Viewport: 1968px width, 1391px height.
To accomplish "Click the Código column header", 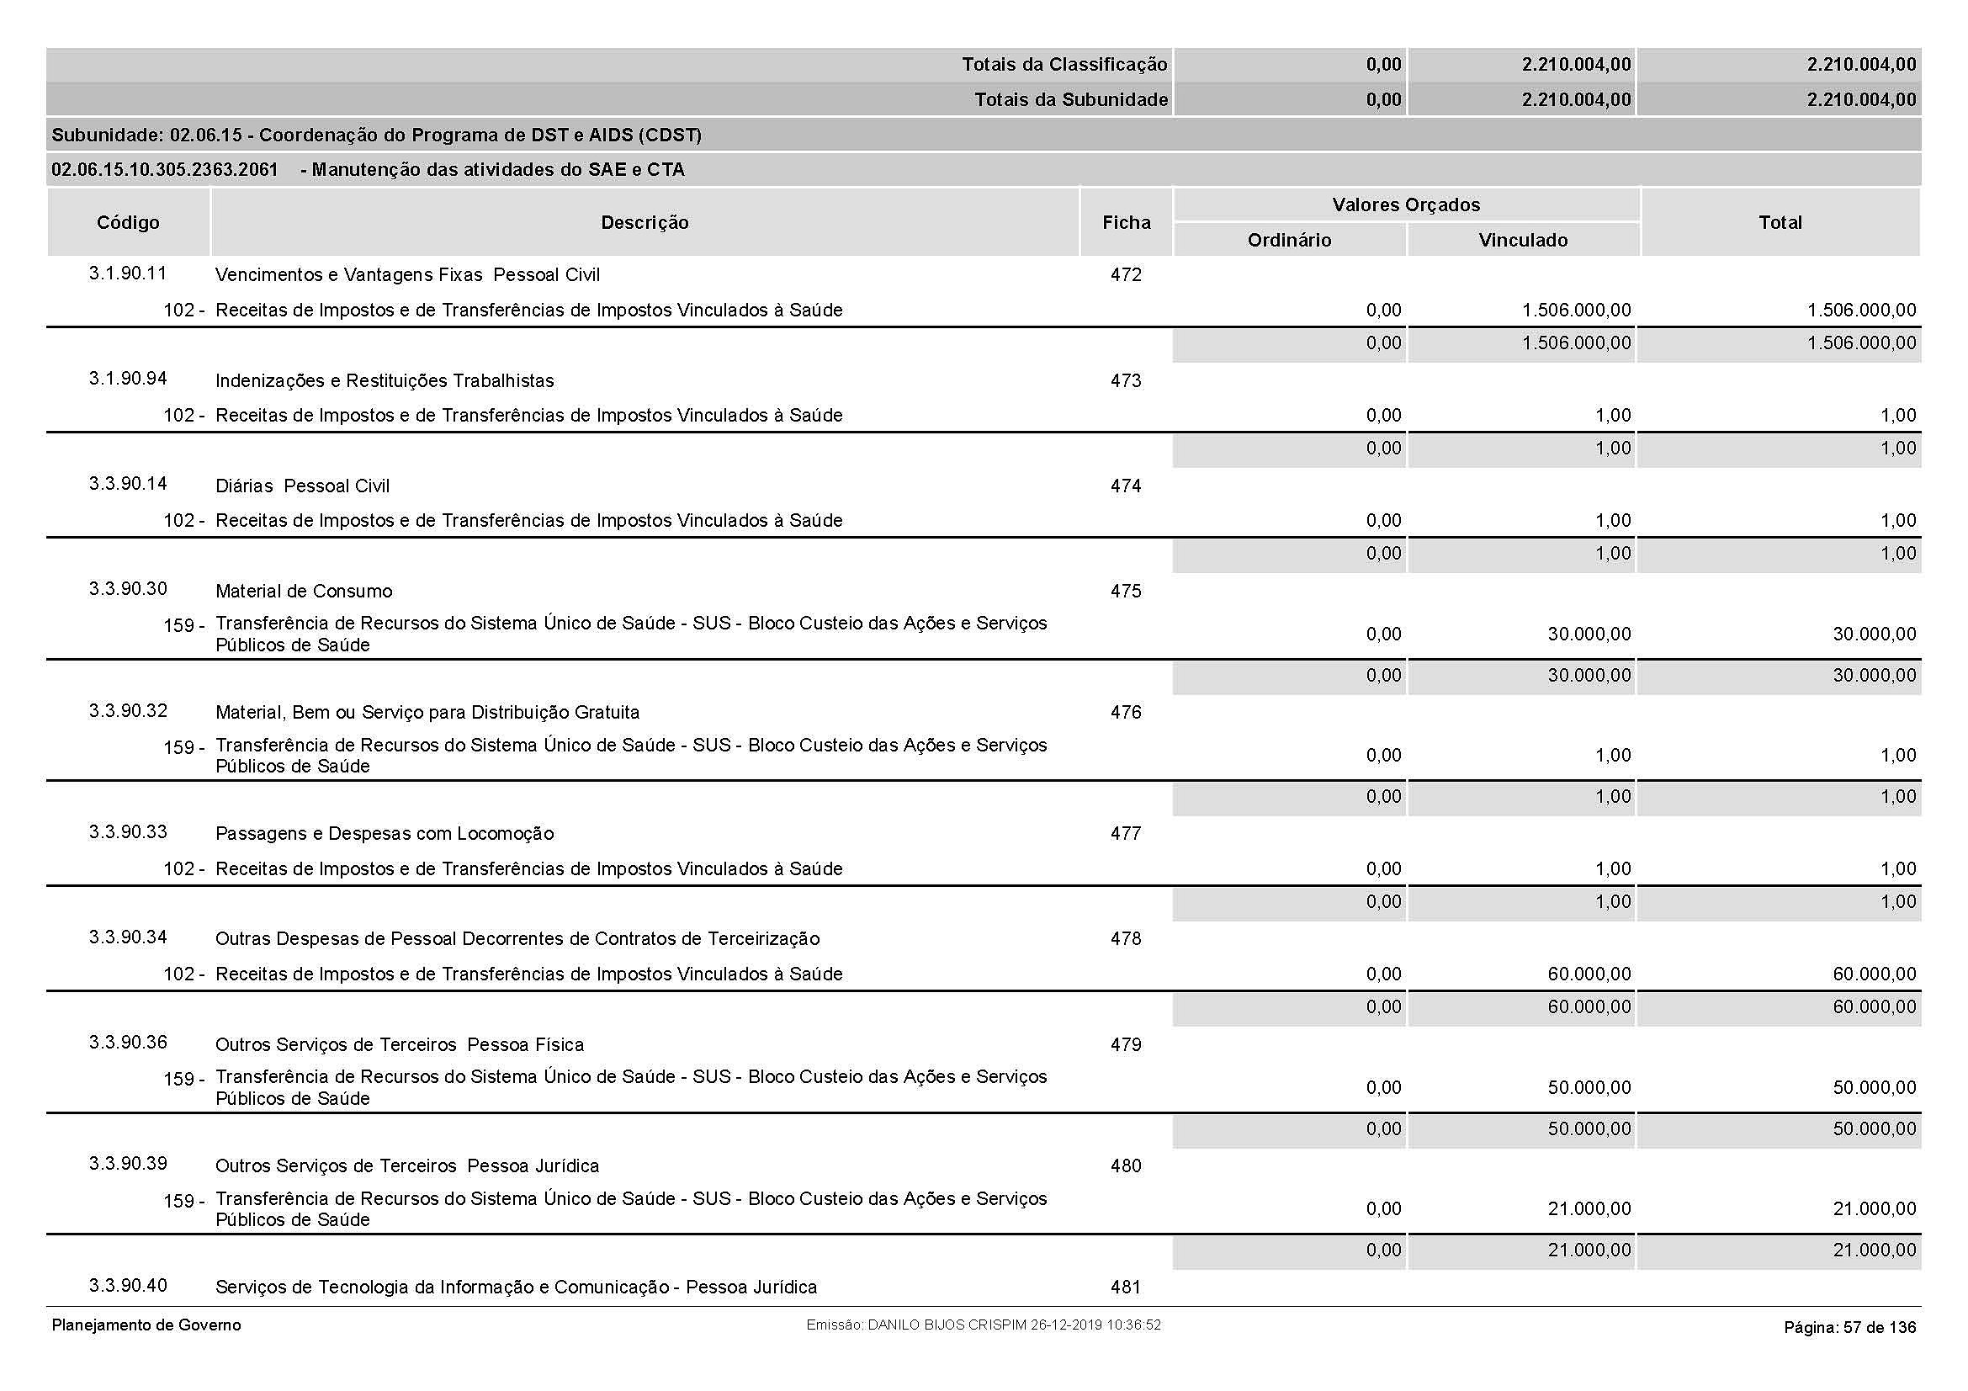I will click(x=128, y=223).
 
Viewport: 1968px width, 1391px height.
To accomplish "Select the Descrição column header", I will click(x=645, y=223).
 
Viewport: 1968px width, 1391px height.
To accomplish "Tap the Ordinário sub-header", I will click(x=1289, y=241).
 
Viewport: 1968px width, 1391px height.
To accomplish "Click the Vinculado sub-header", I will click(x=1523, y=241).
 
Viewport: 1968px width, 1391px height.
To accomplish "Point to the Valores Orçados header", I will click(x=1406, y=204).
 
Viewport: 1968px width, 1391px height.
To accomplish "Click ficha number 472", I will click(x=1126, y=275).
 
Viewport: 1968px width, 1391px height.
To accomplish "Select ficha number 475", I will click(x=1126, y=592).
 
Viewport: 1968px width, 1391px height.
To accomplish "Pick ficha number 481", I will click(x=1126, y=1287).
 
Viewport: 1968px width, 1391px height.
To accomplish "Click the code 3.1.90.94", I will click(x=128, y=379).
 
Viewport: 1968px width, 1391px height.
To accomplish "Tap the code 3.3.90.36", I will click(x=128, y=1043).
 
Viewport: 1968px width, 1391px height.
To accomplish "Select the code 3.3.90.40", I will click(x=128, y=1286).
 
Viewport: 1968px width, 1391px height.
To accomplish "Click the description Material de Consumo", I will click(x=304, y=592).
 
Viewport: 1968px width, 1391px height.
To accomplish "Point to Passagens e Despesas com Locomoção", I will click(x=384, y=834).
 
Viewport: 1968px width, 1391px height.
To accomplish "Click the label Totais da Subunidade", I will click(x=1070, y=100).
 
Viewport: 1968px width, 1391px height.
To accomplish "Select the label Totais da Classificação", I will click(x=1064, y=65).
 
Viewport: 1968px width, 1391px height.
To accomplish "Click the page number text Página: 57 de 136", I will click(x=1849, y=1328).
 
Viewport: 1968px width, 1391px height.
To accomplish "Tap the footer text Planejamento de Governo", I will click(x=146, y=1326).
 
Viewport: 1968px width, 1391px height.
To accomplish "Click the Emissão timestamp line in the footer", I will click(x=983, y=1326).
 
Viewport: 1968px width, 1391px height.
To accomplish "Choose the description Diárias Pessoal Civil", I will click(x=302, y=486).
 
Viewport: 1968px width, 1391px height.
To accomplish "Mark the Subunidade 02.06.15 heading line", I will click(x=376, y=135).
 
